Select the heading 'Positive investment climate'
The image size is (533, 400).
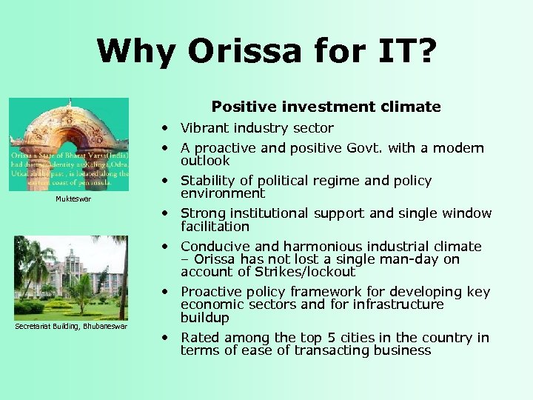[326, 107]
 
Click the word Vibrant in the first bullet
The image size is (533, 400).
[204, 128]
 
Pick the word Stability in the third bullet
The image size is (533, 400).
[207, 181]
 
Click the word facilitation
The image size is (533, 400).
[215, 227]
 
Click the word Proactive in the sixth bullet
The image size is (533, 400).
[211, 292]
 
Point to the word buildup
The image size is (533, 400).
[205, 318]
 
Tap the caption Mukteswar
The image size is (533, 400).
[73, 199]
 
